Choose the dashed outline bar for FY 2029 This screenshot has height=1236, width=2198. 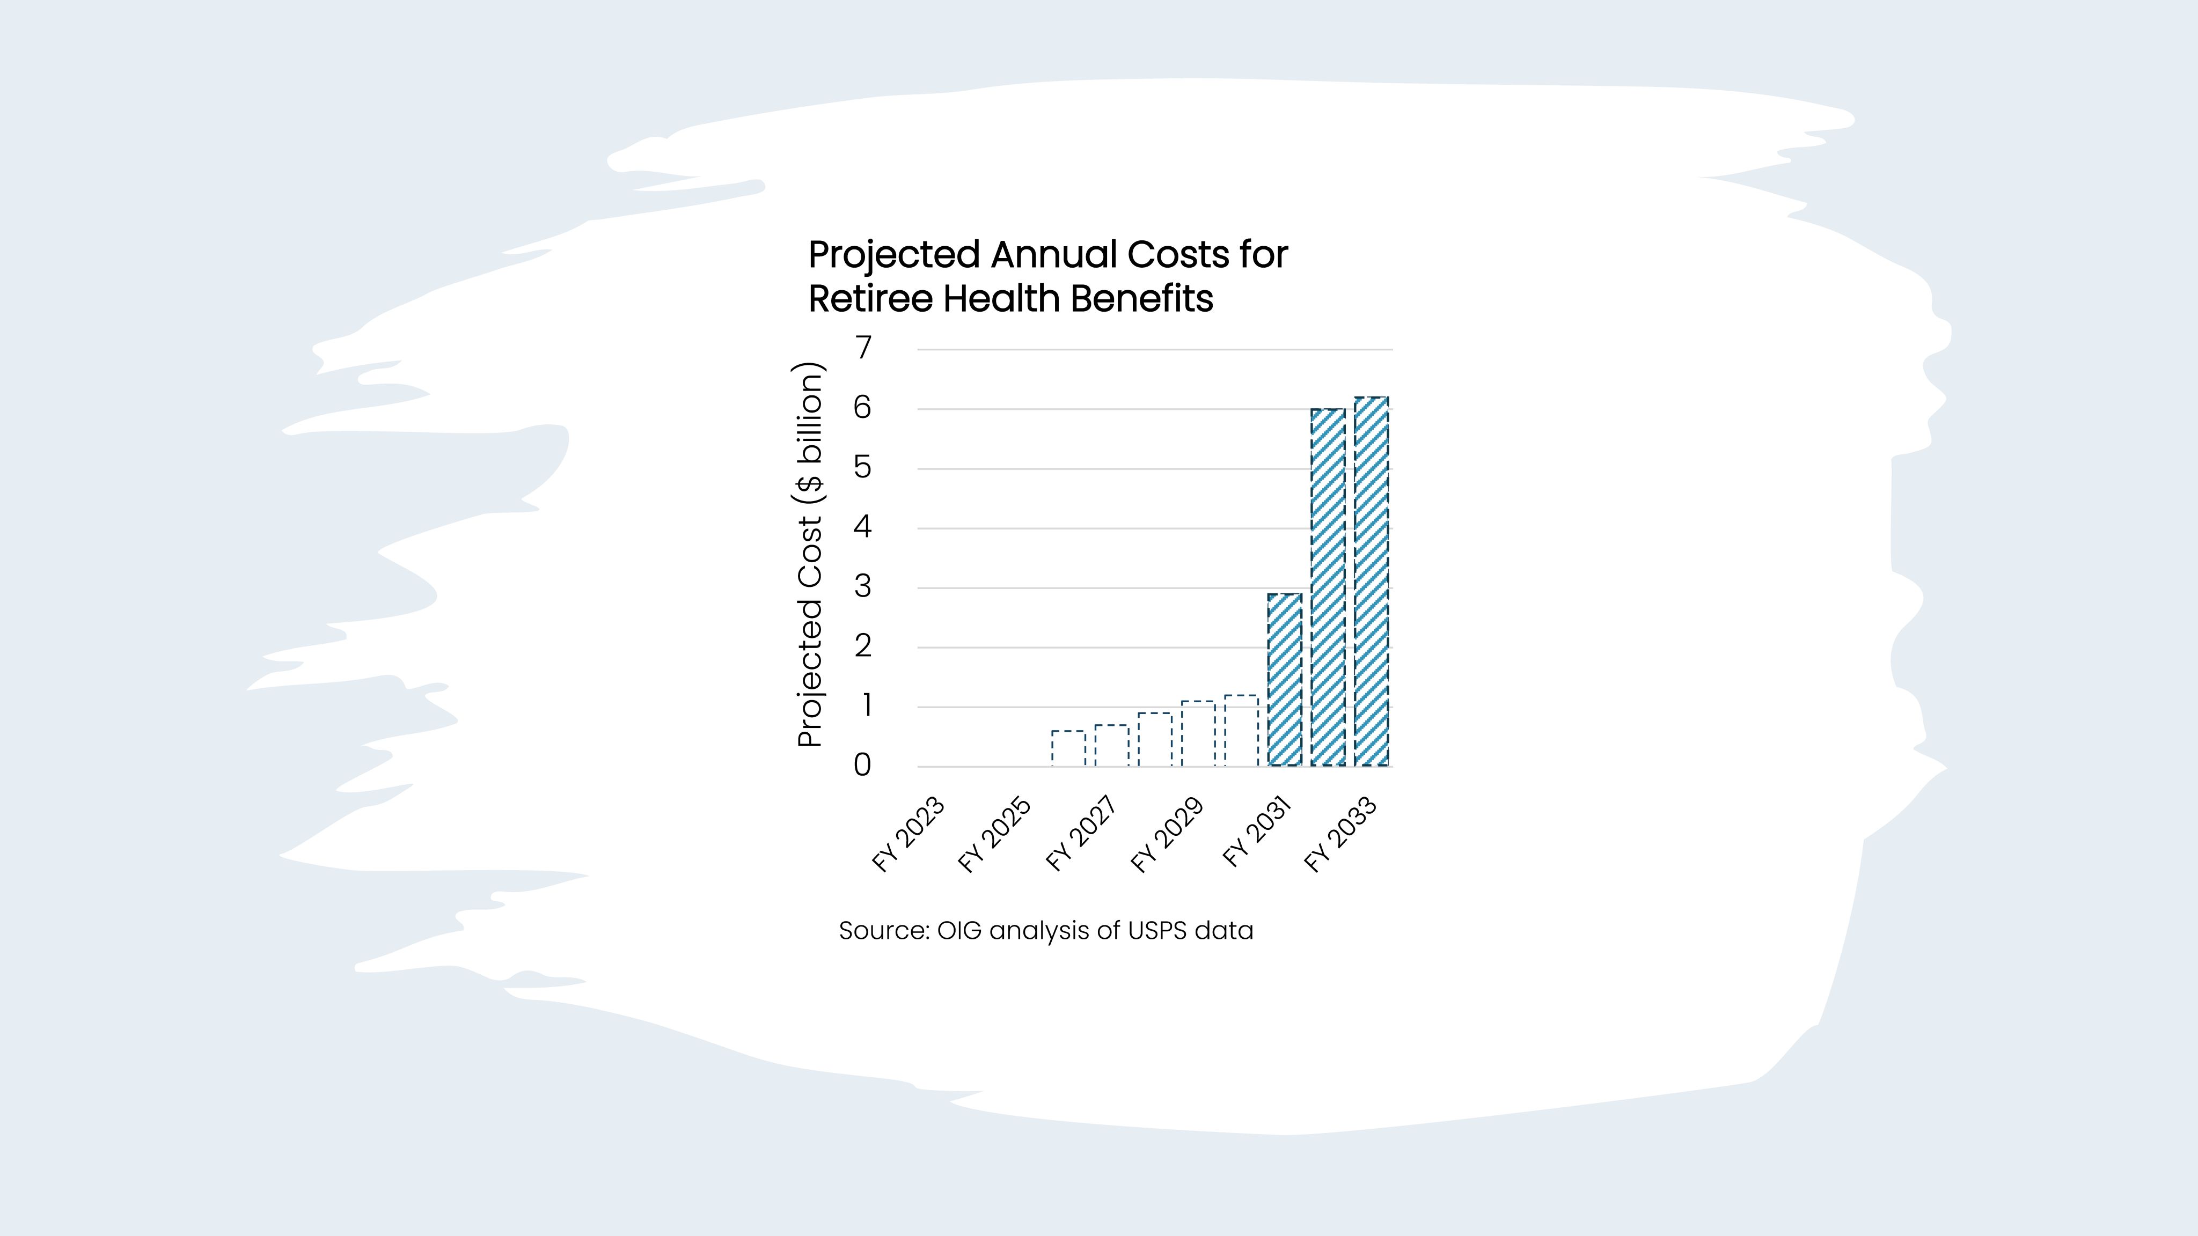1198,733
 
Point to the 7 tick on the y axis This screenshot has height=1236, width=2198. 863,348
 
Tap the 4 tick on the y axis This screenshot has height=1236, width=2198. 863,527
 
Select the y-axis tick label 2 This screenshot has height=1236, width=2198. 863,646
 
